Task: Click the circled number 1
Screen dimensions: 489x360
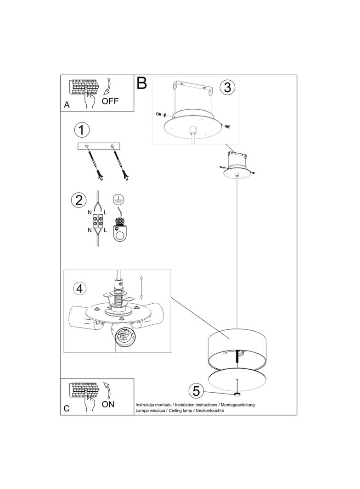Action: click(x=81, y=130)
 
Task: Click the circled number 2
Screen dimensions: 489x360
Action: click(x=79, y=200)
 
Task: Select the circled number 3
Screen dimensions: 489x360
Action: click(x=227, y=87)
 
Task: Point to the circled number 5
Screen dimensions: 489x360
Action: click(x=196, y=391)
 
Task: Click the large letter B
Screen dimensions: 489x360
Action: click(x=141, y=83)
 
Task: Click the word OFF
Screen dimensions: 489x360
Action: click(x=110, y=101)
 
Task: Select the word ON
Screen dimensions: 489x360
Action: click(x=108, y=404)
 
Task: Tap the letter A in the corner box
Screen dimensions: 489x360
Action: click(x=67, y=106)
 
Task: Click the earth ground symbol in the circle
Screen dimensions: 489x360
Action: click(x=118, y=199)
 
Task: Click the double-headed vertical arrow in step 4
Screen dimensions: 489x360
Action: click(x=141, y=287)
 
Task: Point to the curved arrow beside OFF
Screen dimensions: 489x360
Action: click(x=109, y=86)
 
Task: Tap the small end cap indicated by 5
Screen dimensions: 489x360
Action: click(x=237, y=395)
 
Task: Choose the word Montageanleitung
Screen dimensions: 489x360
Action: click(x=237, y=405)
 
